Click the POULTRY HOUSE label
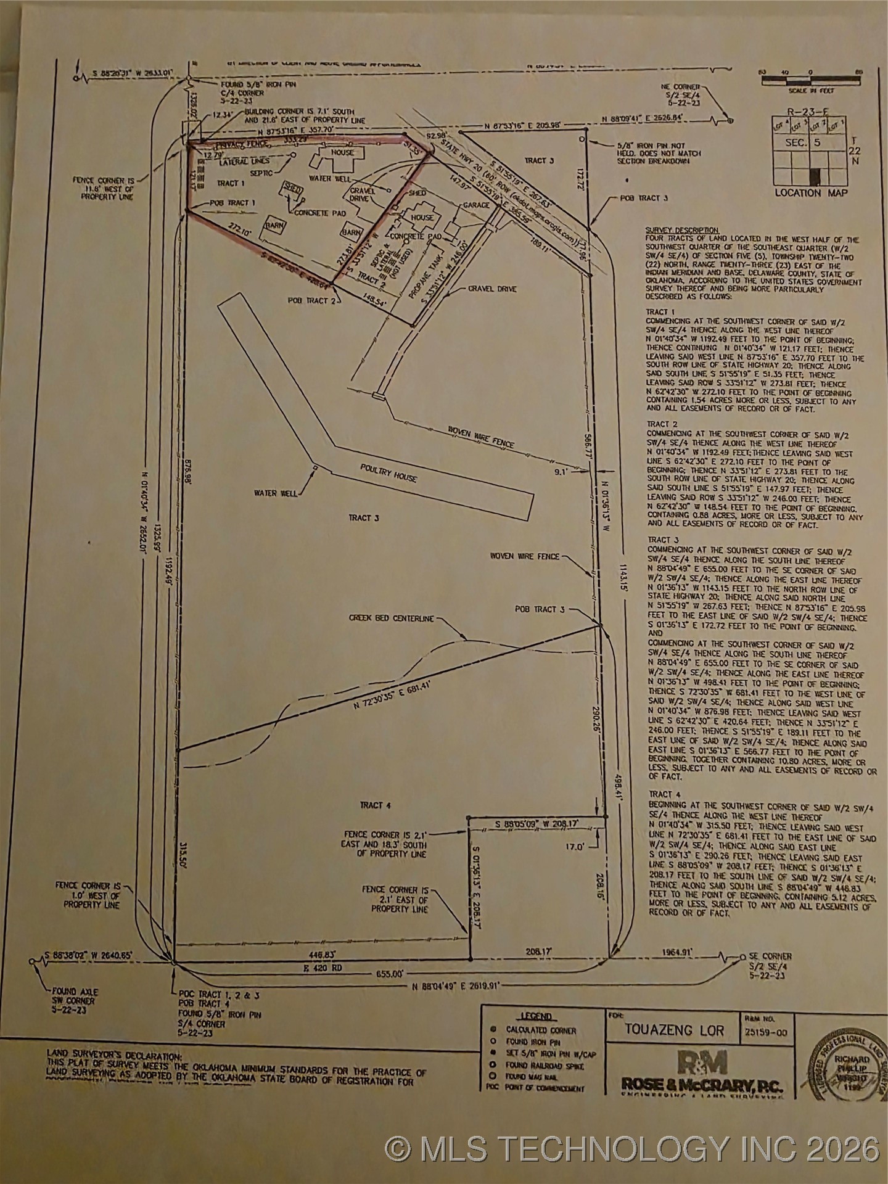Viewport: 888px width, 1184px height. click(x=388, y=473)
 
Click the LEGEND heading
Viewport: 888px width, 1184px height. click(x=536, y=1017)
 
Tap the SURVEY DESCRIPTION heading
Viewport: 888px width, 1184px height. click(x=681, y=229)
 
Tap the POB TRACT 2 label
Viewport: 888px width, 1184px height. click(x=311, y=300)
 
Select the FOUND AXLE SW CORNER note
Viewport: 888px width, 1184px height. click(x=75, y=1001)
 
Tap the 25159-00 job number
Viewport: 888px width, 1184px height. click(x=765, y=1032)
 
